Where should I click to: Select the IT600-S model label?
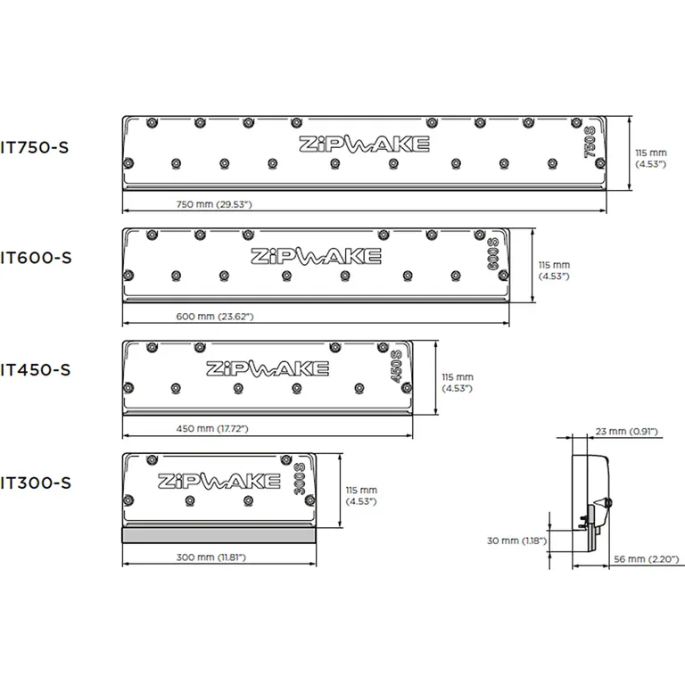click(x=35, y=258)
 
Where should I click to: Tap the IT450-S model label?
click(x=35, y=368)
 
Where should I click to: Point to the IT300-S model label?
click(x=35, y=483)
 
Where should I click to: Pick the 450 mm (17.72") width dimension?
click(x=211, y=429)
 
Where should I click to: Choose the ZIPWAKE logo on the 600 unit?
click(x=315, y=256)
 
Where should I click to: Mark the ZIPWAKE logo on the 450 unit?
click(x=266, y=368)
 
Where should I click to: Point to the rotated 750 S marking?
click(x=590, y=145)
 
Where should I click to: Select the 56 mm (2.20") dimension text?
click(x=648, y=559)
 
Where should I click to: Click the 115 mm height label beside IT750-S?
click(x=650, y=158)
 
